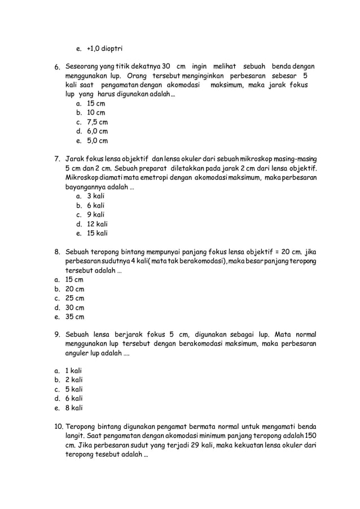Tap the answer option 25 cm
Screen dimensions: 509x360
pos(75,298)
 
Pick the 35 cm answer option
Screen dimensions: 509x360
pos(75,317)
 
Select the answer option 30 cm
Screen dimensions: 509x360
pos(75,308)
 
